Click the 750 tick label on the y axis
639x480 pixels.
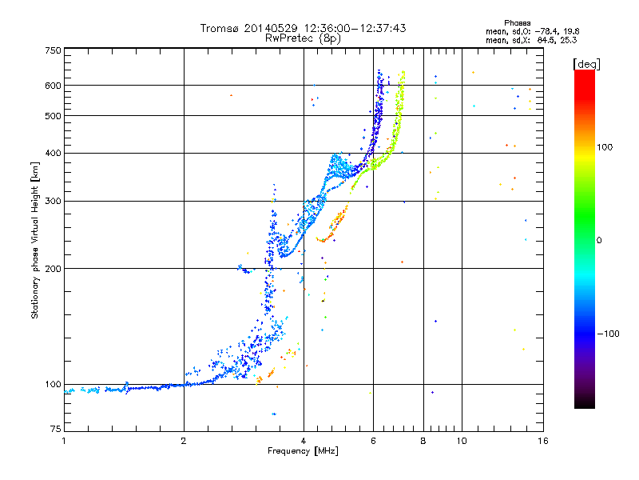click(54, 51)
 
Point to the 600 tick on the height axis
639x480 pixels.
click(54, 86)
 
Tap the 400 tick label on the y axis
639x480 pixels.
click(54, 153)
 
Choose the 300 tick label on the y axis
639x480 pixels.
click(54, 201)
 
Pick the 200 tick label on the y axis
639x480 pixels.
click(54, 268)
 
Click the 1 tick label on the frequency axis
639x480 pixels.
click(64, 441)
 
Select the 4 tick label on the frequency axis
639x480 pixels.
click(304, 441)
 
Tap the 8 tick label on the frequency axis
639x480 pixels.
click(423, 441)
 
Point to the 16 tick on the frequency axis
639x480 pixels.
click(542, 441)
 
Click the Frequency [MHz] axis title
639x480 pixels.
click(303, 451)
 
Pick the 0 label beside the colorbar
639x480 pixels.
click(600, 240)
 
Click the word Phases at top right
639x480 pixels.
click(519, 22)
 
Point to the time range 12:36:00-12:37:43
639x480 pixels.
click(355, 28)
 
